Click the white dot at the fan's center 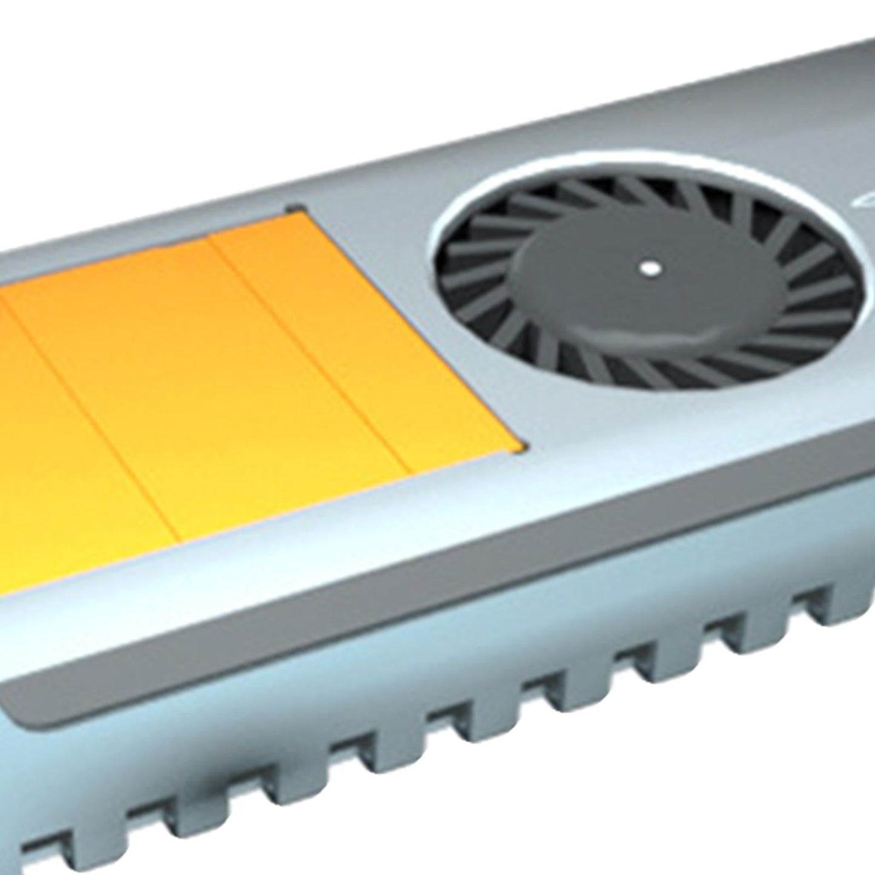pyautogui.click(x=650, y=268)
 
